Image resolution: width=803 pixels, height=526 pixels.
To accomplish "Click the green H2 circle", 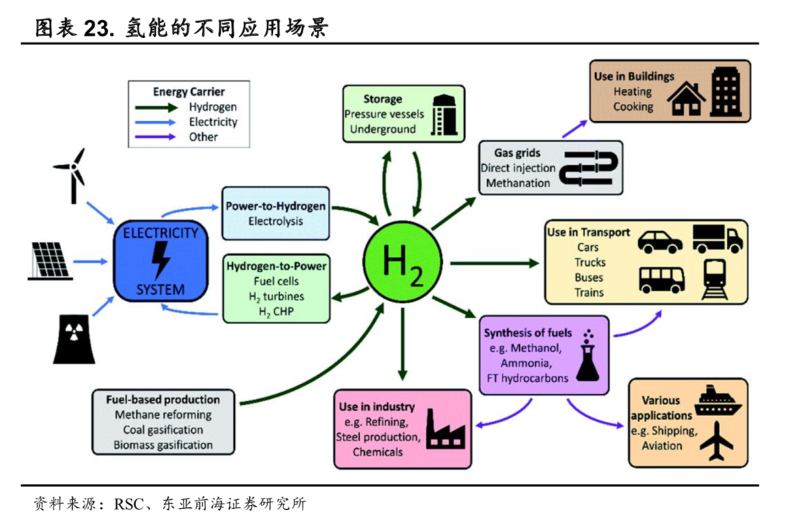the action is pos(402,262).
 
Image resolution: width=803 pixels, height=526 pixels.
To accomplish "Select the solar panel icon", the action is pos(50,261).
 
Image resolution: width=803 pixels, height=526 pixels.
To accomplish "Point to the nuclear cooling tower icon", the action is pos(74,340).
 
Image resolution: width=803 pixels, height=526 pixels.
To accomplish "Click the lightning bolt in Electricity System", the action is pos(161,260).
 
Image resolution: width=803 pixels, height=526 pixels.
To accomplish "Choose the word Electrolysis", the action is pos(276,221).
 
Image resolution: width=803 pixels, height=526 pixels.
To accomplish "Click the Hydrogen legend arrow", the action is pos(156,108).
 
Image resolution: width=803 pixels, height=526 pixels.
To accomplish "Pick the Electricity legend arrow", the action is pos(155,123).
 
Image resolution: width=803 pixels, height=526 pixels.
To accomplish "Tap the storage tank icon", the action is pos(443,114).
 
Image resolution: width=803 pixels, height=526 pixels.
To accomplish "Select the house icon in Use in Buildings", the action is pos(686,98).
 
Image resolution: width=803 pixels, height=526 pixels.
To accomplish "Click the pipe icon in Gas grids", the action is pos(588,167).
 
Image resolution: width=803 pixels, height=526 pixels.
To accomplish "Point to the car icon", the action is pos(660,242).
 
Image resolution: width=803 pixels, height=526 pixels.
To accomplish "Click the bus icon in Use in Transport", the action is pos(662,279).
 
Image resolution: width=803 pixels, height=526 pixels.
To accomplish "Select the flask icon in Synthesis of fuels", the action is pos(588,356).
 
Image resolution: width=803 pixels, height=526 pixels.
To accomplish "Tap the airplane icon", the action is pos(717,441).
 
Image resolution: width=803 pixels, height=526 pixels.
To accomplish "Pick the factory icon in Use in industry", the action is pos(445,429).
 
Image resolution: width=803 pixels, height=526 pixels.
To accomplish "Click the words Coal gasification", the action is pos(163,430).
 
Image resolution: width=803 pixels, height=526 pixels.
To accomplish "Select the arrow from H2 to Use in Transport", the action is pos(494,263).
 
